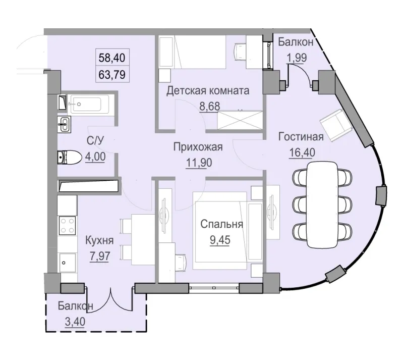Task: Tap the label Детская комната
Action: tap(208, 91)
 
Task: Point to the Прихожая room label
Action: tap(198, 147)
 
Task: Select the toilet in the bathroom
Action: tap(69, 158)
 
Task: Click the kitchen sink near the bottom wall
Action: tap(67, 262)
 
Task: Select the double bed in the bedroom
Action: tap(220, 232)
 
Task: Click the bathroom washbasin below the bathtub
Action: tap(64, 124)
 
